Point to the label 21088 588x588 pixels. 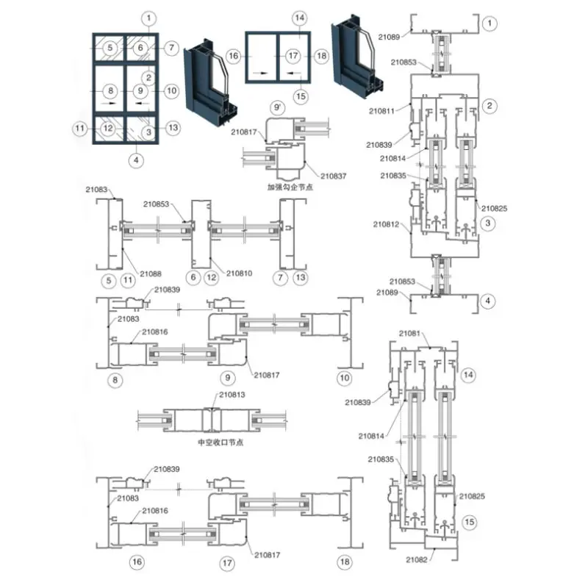click(x=151, y=274)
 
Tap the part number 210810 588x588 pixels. click(x=239, y=274)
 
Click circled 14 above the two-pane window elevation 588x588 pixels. click(x=298, y=18)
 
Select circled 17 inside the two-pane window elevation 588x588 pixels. click(x=293, y=56)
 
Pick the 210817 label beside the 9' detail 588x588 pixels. click(x=243, y=132)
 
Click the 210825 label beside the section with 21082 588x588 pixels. click(x=473, y=498)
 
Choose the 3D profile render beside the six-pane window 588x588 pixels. click(x=212, y=82)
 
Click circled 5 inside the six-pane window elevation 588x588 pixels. click(x=110, y=49)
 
